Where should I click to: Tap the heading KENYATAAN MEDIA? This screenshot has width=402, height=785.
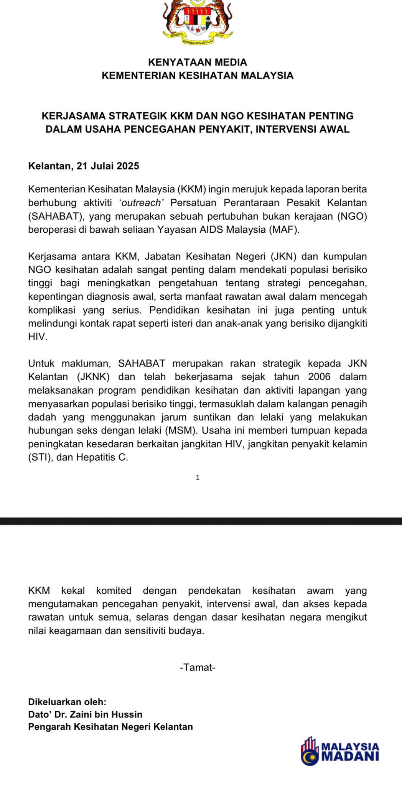(x=198, y=62)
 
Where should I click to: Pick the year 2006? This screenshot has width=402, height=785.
(x=319, y=377)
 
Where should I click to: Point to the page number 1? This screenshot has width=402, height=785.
(x=198, y=478)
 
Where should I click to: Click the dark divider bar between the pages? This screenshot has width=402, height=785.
(x=201, y=521)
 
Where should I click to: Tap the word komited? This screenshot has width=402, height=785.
(x=114, y=591)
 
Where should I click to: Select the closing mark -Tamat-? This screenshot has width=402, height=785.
(x=198, y=667)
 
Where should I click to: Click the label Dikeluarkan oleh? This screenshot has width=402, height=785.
(x=67, y=702)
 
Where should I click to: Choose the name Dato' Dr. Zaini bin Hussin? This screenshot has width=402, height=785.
(x=85, y=714)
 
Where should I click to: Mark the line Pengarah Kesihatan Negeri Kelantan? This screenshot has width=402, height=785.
(x=110, y=726)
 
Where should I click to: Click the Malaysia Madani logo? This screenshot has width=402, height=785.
(x=340, y=751)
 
